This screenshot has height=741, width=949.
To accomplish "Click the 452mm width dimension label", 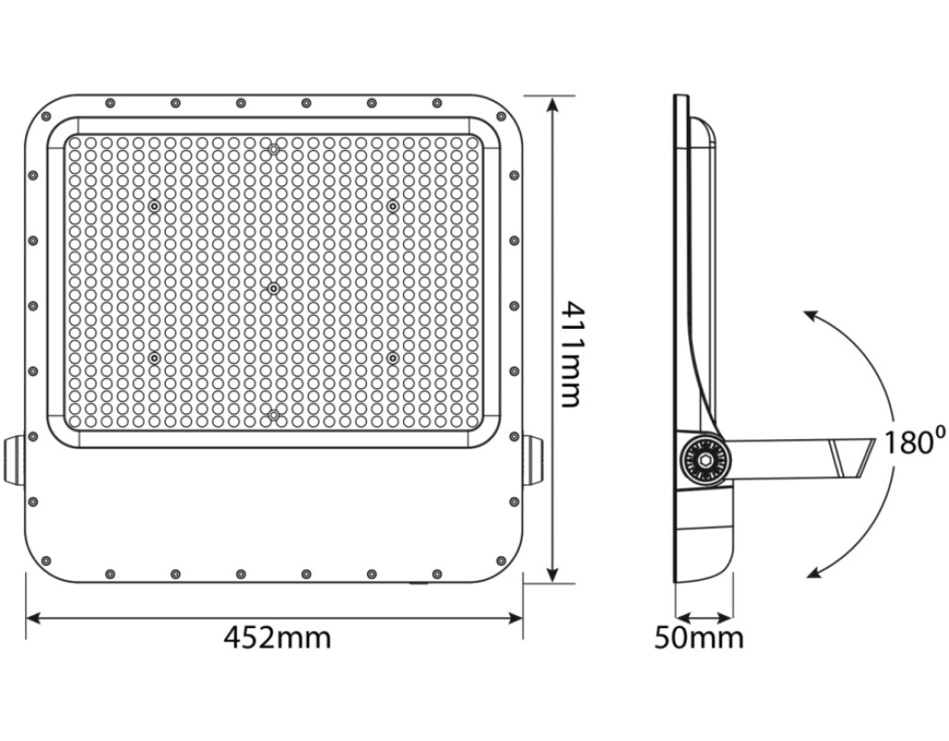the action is (278, 637).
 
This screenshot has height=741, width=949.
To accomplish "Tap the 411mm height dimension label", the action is (570, 355).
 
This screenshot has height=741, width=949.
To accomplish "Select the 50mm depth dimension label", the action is (699, 638).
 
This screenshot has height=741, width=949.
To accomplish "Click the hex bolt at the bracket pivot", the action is (703, 460).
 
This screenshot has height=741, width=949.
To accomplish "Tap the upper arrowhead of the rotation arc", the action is (811, 316).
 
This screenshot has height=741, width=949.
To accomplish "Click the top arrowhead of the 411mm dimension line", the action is (551, 107).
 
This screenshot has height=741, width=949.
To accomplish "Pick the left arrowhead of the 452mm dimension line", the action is (35, 618).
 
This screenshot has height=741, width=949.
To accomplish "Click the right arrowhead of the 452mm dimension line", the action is (513, 618).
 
